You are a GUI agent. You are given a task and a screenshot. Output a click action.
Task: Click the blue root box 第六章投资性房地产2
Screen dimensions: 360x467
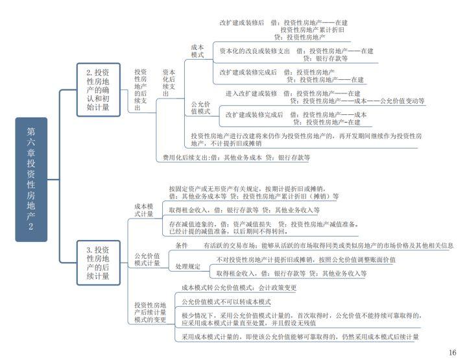click(31, 179)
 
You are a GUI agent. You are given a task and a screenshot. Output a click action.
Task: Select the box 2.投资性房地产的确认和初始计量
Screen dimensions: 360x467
click(98, 90)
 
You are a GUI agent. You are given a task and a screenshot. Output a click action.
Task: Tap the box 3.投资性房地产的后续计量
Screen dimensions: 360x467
click(98, 263)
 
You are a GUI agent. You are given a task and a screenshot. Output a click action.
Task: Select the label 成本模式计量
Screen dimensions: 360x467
click(145, 210)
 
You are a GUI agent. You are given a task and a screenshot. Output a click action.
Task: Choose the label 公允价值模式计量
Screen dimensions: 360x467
click(147, 259)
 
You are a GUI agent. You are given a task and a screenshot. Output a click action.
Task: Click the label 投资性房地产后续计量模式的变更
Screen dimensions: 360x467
click(150, 312)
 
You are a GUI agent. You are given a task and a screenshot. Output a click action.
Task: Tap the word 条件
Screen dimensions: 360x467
click(182, 246)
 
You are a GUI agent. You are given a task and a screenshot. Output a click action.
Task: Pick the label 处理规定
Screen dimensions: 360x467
click(187, 267)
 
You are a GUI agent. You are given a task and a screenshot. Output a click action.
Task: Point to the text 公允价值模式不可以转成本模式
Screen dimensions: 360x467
click(226, 302)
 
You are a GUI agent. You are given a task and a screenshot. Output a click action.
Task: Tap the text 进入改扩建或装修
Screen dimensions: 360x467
click(251, 93)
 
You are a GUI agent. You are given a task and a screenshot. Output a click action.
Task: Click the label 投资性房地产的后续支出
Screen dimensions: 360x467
click(141, 90)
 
